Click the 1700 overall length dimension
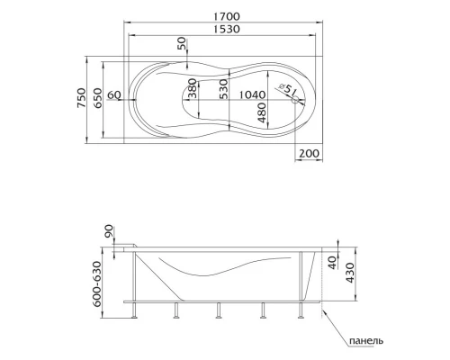point(227,16)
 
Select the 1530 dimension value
point(227,29)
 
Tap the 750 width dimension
point(81,98)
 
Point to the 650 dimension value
point(97,98)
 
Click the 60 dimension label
point(114,95)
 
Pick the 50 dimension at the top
point(182,45)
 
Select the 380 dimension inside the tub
point(193,88)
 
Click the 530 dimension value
point(223,89)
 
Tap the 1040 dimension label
point(252,95)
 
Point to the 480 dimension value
point(262,112)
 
